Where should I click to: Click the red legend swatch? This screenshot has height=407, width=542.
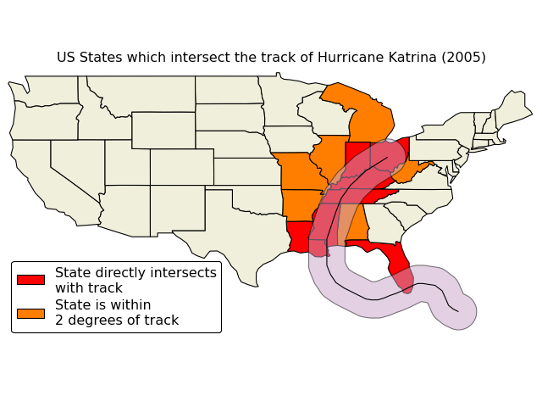30,280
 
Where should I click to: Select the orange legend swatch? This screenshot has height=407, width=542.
30,313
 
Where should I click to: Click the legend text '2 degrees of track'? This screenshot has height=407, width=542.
117,321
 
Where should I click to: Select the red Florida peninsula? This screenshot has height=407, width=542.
398,263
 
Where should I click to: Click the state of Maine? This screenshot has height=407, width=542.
512,109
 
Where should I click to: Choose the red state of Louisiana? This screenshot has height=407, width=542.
298,236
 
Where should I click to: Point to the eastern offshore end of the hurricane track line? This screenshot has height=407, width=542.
458,311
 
